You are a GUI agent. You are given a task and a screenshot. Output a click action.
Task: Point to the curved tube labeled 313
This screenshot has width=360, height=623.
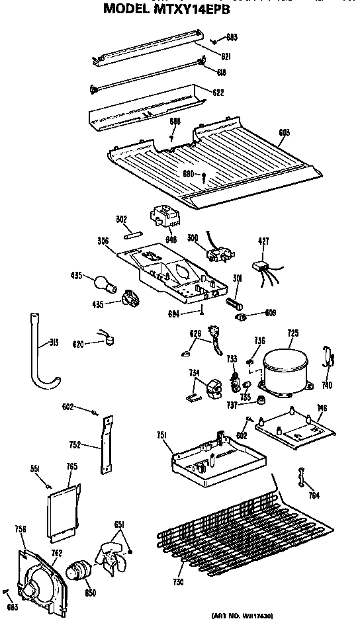coord(40,354)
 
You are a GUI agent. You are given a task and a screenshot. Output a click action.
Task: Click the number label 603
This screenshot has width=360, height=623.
coord(284,132)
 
